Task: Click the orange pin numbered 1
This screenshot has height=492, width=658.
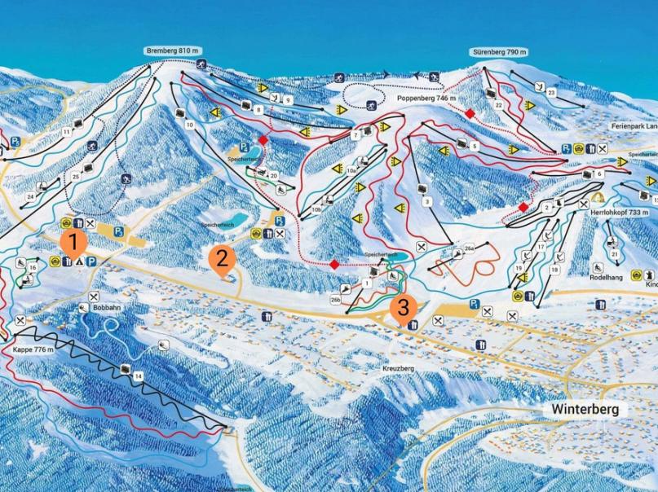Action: coord(73,242)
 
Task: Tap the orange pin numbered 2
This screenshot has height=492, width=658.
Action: coord(221,259)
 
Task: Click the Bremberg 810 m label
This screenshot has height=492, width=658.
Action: coord(172,51)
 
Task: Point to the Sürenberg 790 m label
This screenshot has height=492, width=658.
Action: coord(500,52)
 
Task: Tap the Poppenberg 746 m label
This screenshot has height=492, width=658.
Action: coord(424,99)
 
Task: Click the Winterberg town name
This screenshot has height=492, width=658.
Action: coord(585,409)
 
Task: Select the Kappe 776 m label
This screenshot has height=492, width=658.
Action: coord(33,349)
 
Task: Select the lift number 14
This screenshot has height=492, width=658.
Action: coord(139,376)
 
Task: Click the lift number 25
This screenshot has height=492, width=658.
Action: coord(76,176)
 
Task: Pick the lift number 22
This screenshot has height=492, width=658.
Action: coord(498,105)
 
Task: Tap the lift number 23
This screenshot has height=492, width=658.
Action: coord(551,94)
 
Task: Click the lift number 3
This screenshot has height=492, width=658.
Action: coord(426,200)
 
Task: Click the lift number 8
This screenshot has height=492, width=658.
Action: coord(258,108)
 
